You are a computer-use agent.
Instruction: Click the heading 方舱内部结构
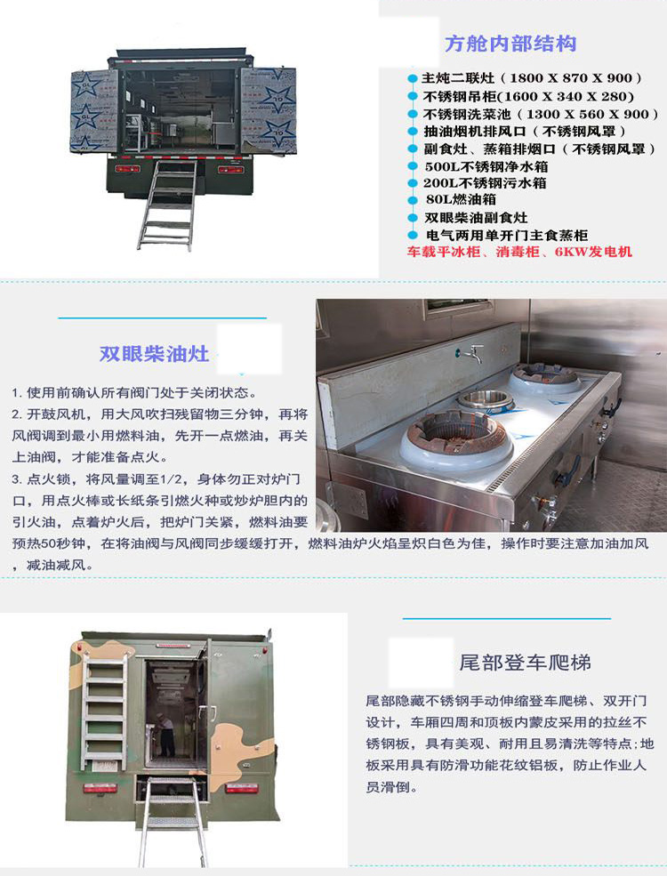tap(510, 44)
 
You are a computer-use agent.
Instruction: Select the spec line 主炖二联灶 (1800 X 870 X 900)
tap(532, 78)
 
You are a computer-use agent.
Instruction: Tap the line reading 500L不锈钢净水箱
tap(486, 166)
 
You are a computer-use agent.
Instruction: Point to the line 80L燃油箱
tap(461, 199)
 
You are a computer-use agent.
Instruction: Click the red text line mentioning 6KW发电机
tap(519, 252)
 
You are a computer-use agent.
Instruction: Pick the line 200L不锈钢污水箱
tap(485, 183)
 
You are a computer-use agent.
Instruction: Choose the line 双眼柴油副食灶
tap(476, 217)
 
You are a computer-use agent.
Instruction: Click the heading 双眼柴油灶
tap(154, 354)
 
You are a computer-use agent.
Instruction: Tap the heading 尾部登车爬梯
tap(525, 663)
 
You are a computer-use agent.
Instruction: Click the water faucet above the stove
tap(471, 352)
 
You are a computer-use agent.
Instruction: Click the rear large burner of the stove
tap(544, 379)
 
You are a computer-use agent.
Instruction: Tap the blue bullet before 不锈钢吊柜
tap(413, 97)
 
